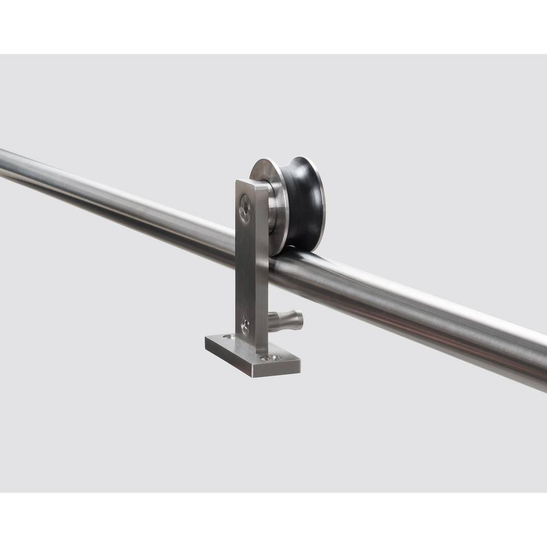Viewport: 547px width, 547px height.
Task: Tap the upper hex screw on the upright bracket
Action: (x=245, y=208)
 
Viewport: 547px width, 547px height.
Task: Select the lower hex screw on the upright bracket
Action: (x=245, y=325)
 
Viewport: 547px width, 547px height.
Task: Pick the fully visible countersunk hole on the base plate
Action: (x=270, y=358)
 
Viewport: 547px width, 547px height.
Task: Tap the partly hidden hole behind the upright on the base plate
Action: (x=229, y=337)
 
